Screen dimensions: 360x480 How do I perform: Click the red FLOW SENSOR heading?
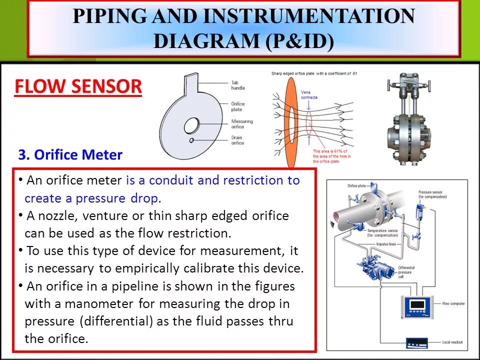click(78, 87)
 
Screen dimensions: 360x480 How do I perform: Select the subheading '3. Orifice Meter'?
click(70, 154)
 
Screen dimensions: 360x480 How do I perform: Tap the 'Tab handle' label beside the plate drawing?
click(238, 85)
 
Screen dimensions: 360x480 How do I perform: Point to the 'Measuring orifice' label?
click(242, 124)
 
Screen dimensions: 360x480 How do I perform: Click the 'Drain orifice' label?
click(237, 140)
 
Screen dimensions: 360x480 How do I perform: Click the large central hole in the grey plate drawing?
click(191, 125)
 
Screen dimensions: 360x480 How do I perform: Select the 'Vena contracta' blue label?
click(309, 94)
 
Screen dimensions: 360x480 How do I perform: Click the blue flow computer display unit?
click(417, 305)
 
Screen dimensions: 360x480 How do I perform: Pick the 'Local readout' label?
click(452, 342)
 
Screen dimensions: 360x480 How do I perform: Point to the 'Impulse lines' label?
click(385, 244)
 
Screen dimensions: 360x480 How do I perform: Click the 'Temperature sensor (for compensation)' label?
click(383, 233)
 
